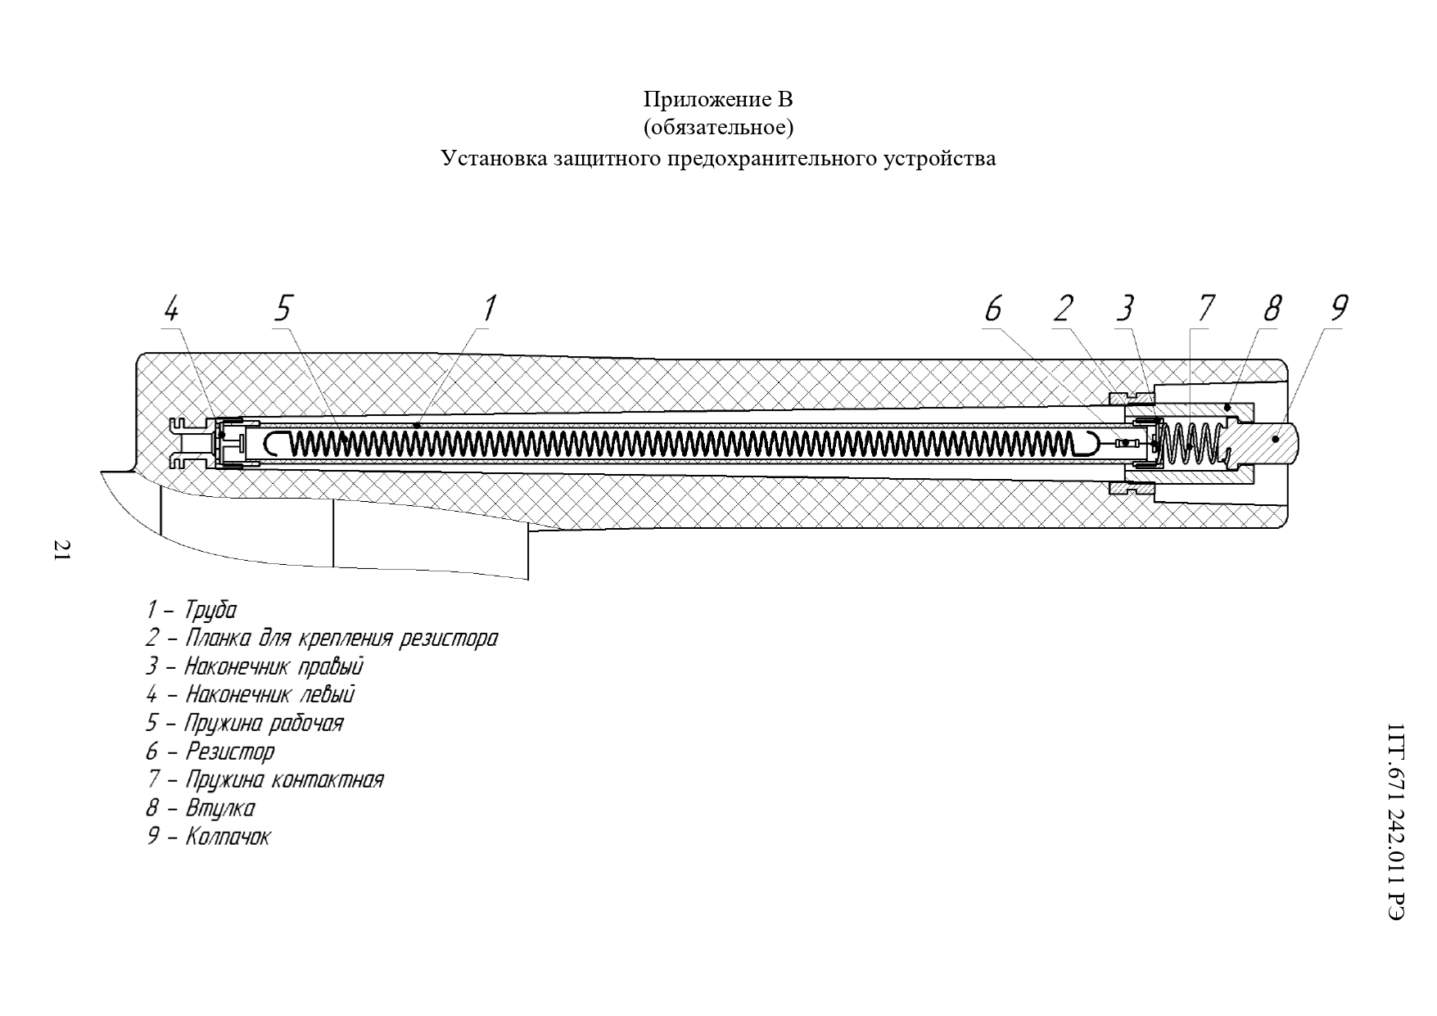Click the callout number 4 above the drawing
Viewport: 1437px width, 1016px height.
point(171,309)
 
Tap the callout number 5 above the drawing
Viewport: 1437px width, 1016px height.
point(282,309)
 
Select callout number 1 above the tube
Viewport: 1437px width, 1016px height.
point(489,309)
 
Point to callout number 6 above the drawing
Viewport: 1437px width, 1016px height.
point(993,309)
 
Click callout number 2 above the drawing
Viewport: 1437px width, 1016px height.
point(1063,309)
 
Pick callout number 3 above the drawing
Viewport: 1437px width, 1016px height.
point(1125,309)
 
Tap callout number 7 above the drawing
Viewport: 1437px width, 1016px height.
point(1205,309)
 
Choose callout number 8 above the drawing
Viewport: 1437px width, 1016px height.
point(1272,309)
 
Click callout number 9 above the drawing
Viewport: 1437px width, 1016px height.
point(1339,309)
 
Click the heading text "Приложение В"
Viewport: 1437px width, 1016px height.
point(718,100)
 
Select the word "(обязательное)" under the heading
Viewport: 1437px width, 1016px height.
point(718,129)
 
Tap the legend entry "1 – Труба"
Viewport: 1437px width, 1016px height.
point(192,610)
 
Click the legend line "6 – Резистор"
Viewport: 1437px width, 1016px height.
point(210,751)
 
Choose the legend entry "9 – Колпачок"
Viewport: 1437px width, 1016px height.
point(208,837)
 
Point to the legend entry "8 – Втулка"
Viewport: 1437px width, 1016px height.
point(201,808)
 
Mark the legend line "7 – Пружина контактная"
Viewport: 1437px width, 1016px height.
point(264,779)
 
